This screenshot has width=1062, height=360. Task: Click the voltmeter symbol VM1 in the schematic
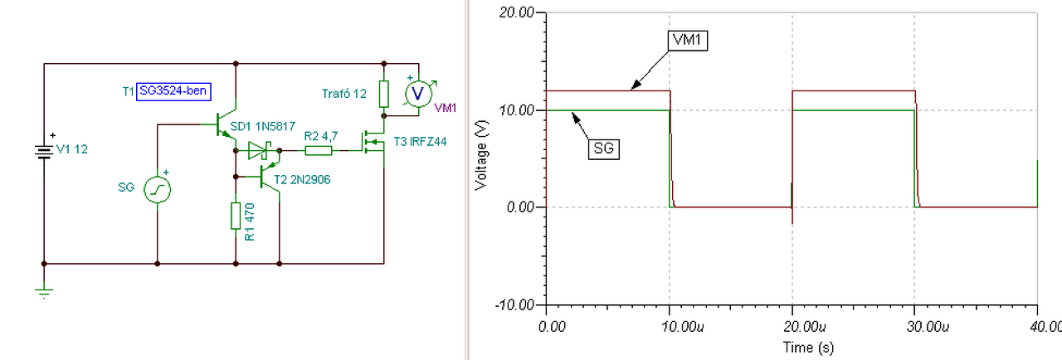419,93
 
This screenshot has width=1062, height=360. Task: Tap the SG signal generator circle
157,191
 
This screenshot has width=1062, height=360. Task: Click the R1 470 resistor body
236,216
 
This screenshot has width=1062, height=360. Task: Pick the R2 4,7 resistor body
319,150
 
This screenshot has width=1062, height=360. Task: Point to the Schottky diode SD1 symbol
258,150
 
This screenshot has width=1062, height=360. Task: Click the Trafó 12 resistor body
383,94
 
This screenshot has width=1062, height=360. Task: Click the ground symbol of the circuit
43,291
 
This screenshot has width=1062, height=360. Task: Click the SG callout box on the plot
606,148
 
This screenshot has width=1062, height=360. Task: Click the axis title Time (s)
792,346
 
